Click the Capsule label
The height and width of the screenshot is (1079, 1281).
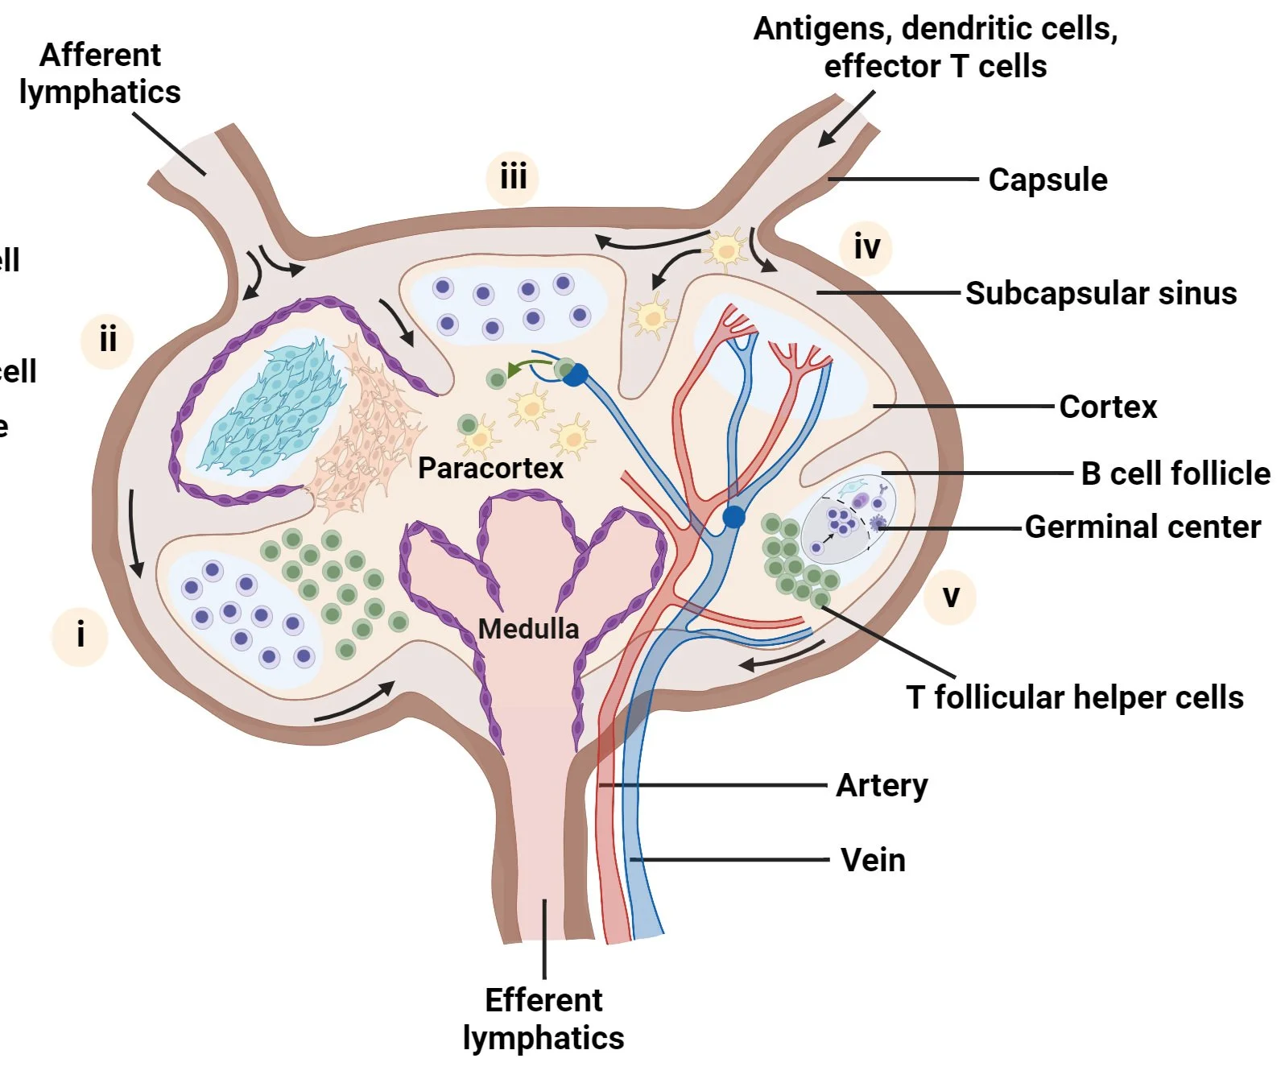tap(1047, 180)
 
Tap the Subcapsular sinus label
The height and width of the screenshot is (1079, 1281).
tap(1101, 293)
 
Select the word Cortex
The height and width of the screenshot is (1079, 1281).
tap(1107, 407)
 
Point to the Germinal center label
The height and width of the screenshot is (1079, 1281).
tap(1142, 527)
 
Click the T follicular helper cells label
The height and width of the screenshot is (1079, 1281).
tap(1074, 697)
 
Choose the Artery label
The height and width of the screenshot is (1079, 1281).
tap(882, 784)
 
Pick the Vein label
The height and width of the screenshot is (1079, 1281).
tap(873, 860)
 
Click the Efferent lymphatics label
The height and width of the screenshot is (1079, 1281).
tap(543, 1019)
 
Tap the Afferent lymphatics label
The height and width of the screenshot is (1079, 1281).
tap(100, 73)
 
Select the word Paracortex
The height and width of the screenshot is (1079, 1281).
tap(490, 468)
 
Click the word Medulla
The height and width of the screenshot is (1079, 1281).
tap(528, 628)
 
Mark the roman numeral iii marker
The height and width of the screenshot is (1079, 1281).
tap(513, 176)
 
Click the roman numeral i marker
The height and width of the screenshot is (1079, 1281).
tap(80, 635)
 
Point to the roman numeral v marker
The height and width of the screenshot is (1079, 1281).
tap(951, 597)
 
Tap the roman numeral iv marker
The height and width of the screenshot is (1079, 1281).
tap(866, 246)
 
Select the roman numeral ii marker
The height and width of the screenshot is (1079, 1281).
tap(107, 339)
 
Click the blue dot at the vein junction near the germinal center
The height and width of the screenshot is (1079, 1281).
tap(733, 517)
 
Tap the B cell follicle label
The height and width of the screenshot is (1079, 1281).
tap(1175, 473)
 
